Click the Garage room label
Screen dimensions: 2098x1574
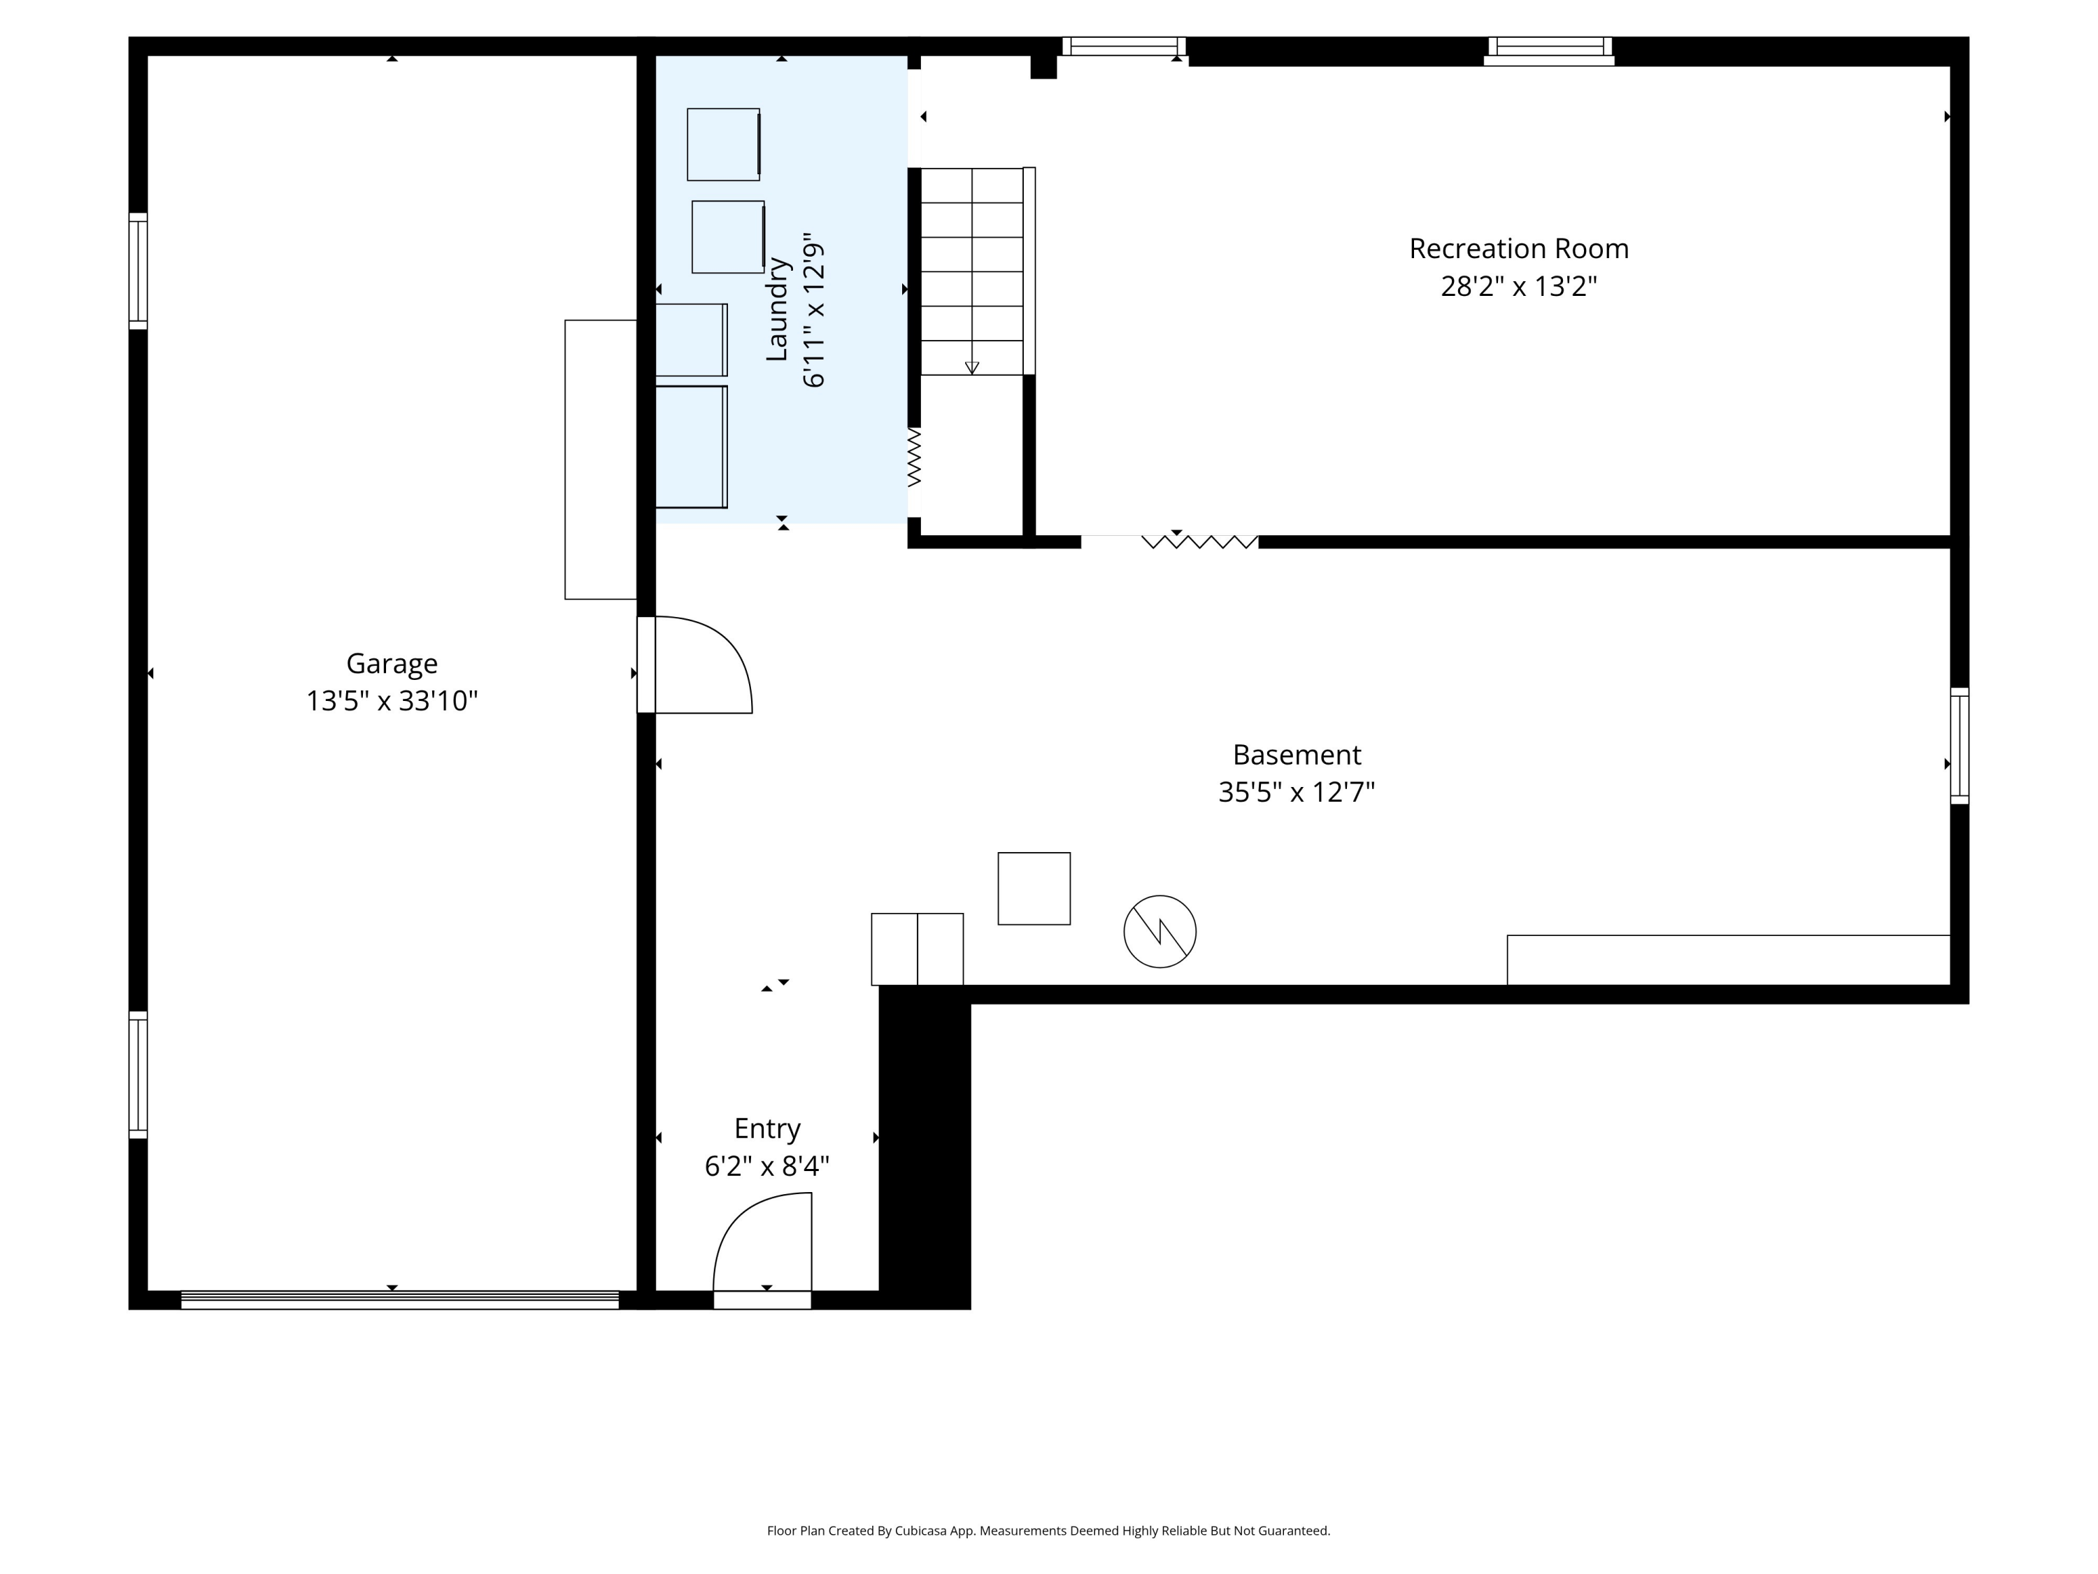coord(392,664)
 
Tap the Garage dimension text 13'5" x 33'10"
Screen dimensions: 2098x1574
coord(392,701)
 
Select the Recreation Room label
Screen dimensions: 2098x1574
coord(1518,248)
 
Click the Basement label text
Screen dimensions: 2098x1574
coord(1297,756)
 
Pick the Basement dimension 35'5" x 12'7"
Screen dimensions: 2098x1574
coord(1297,792)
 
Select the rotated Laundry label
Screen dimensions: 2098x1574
coord(777,309)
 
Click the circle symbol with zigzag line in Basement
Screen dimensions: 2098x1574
coord(1160,932)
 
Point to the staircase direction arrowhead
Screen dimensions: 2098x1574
coord(971,368)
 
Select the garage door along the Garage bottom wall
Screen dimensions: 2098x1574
coord(399,1300)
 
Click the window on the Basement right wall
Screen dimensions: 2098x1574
coord(1959,746)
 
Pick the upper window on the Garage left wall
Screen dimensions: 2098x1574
coord(138,271)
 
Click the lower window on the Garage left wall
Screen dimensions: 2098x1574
coord(138,1075)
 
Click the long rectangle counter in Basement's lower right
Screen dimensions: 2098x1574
coord(1728,960)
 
